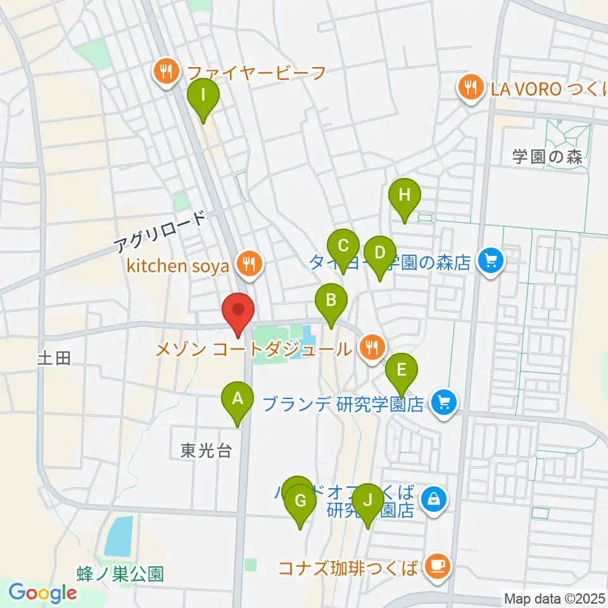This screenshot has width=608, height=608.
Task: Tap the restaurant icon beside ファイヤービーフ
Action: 166,72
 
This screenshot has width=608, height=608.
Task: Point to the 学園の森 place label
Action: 547,158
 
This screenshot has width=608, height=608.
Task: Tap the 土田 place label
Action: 54,359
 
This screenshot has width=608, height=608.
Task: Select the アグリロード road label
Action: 161,234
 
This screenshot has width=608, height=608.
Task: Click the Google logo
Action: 42,592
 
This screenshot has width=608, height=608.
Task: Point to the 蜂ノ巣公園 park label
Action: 120,574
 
